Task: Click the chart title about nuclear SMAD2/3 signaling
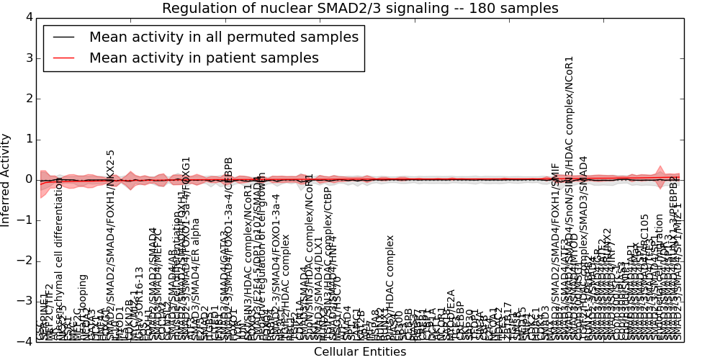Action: pos(360,9)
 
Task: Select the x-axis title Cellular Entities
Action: pos(360,352)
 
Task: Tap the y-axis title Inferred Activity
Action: pos(6,179)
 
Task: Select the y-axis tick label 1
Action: pos(28,139)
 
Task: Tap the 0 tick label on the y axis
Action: pos(28,179)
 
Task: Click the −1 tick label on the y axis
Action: pos(25,220)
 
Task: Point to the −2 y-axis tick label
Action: pos(25,261)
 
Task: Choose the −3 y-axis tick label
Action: pos(25,301)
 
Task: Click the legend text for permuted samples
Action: pos(223,37)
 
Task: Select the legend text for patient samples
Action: pos(204,58)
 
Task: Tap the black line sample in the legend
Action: pos(63,37)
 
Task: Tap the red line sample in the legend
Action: pos(63,58)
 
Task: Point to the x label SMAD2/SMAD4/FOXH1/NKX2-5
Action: pos(111,245)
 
